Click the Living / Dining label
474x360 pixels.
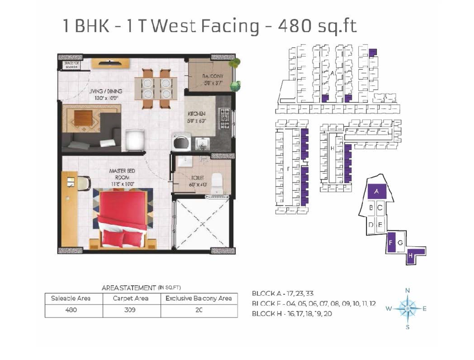(105, 94)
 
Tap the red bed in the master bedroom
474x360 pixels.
(122, 216)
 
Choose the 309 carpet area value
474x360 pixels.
(131, 310)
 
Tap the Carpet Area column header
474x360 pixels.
(131, 298)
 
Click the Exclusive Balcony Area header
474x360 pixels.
(199, 298)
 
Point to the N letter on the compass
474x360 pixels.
(408, 290)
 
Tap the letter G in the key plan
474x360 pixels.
(400, 243)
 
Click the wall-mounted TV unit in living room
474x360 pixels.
(110, 63)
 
